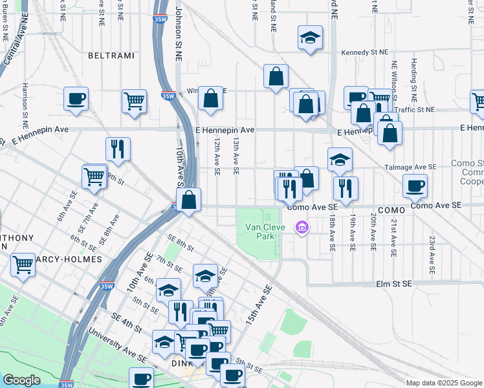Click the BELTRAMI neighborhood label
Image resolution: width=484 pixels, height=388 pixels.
(x=112, y=56)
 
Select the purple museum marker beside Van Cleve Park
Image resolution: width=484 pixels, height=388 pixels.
(x=301, y=227)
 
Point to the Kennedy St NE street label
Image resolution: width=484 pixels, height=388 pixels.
(x=366, y=54)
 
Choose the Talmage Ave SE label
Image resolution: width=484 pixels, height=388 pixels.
(x=411, y=167)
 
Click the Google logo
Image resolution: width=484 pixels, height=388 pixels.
(x=22, y=380)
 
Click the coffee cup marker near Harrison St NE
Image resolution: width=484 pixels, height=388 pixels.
(x=76, y=99)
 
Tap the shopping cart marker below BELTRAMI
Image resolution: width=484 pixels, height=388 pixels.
(x=134, y=101)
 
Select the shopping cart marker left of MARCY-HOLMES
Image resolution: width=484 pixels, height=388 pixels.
(x=23, y=264)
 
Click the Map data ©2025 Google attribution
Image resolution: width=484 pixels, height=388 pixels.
(x=444, y=382)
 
